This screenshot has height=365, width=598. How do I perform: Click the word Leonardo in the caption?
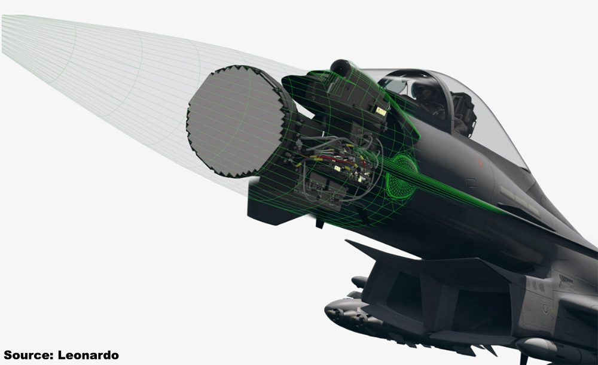pos(89,355)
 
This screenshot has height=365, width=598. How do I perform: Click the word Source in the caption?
pos(28,355)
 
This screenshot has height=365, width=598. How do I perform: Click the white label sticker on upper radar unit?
pos(380,111)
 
